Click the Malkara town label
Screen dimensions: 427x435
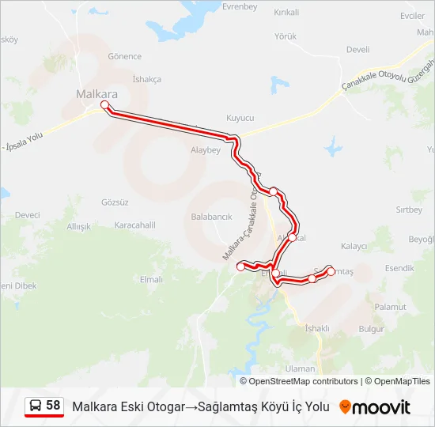point(96,94)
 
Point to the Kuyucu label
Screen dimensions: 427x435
point(240,117)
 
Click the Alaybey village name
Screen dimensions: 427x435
point(206,149)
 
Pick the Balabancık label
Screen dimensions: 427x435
point(211,216)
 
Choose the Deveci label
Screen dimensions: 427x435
point(27,215)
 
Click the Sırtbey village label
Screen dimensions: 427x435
point(409,210)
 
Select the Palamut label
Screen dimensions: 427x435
point(390,307)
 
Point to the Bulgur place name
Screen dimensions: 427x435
point(371,328)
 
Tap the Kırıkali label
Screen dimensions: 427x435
point(286,13)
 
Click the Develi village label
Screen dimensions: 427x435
point(357,49)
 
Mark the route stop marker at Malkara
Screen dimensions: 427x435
point(104,104)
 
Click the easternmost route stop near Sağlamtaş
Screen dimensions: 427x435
point(331,270)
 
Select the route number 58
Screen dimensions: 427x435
point(53,406)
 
